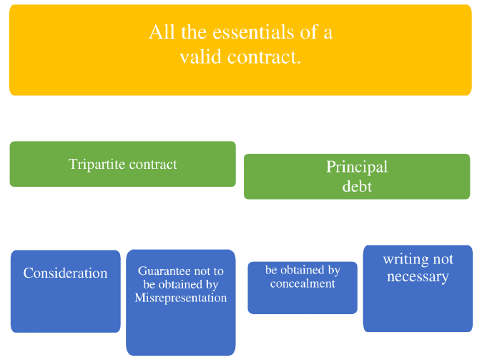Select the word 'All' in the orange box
click(x=160, y=33)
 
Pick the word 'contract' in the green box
click(x=151, y=164)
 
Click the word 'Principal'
click(x=357, y=167)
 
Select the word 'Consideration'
click(x=65, y=273)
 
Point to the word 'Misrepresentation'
click(x=181, y=298)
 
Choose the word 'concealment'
click(x=302, y=283)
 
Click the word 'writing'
click(x=403, y=260)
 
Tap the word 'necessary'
click(x=418, y=276)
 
